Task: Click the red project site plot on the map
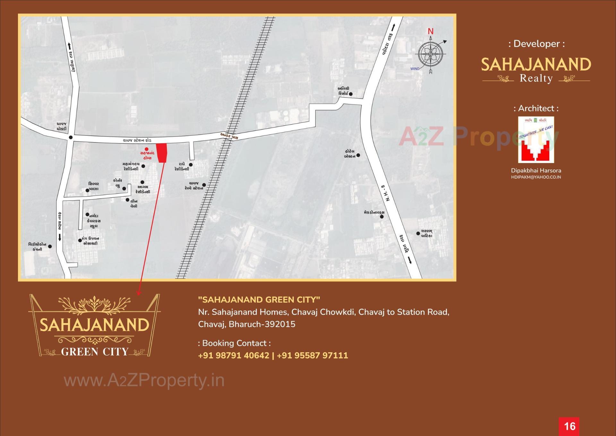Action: [x=162, y=153]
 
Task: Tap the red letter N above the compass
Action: [x=431, y=31]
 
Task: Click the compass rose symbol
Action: [x=430, y=54]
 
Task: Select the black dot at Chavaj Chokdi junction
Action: [x=71, y=137]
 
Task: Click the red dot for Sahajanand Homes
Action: [x=147, y=149]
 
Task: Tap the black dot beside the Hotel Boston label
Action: [x=358, y=155]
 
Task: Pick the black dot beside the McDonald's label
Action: [x=382, y=217]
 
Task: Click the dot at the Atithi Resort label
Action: [x=351, y=94]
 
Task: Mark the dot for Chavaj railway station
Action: [x=204, y=185]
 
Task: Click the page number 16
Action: [x=569, y=426]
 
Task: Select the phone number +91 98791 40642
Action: [x=234, y=355]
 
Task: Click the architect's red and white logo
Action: [x=536, y=140]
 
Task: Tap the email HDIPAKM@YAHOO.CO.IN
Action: [x=536, y=177]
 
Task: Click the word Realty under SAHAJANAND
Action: [x=536, y=78]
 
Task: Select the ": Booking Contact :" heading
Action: [x=234, y=343]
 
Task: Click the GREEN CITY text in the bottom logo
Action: [x=95, y=352]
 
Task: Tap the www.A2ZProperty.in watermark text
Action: [x=144, y=381]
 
